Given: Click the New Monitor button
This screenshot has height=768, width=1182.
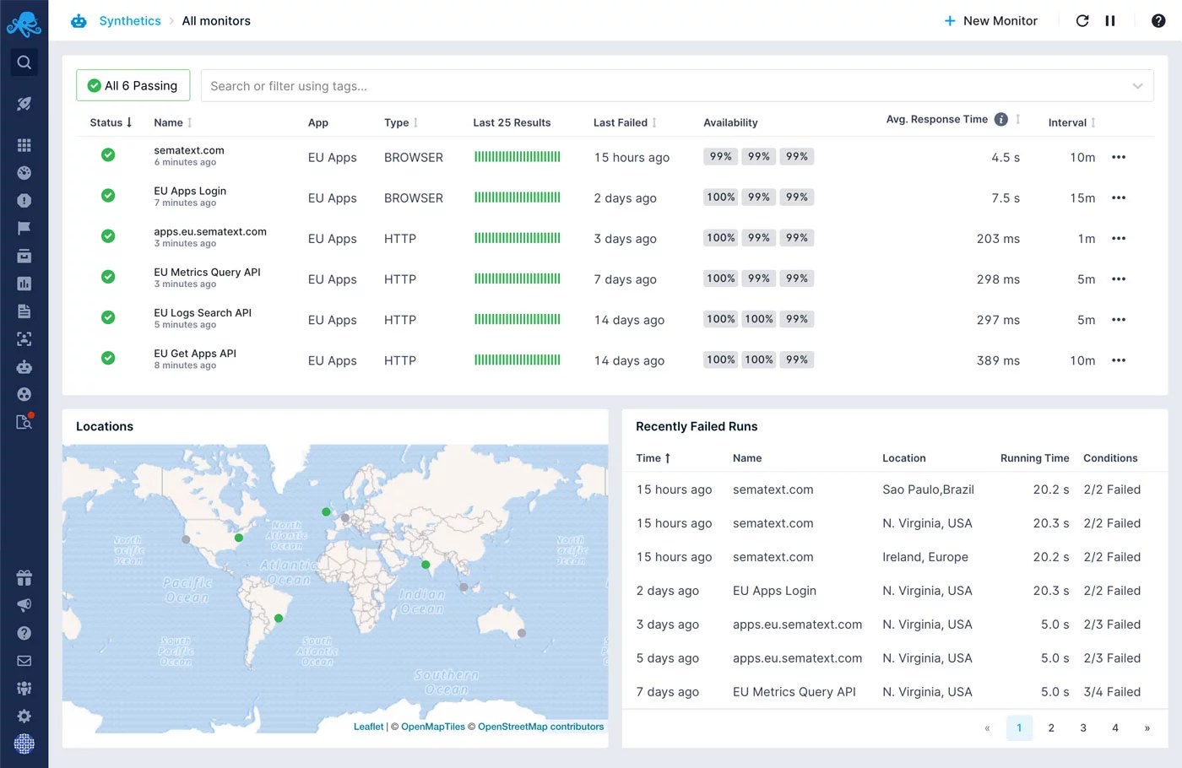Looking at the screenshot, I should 990,21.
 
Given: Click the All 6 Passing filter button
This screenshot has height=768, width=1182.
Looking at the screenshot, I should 133,85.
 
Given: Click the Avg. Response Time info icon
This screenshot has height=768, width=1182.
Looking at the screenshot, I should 1000,120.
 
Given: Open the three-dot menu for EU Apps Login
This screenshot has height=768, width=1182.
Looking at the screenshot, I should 1119,198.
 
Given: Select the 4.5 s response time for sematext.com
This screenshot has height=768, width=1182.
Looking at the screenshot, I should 1005,158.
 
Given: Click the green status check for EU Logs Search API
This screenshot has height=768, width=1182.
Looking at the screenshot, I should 108,317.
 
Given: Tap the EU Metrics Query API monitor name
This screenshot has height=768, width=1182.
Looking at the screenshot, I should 207,272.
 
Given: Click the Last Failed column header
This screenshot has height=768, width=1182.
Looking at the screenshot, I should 621,122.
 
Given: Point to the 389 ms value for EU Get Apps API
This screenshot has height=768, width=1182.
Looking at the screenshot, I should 998,360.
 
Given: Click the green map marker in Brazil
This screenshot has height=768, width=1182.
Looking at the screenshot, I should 279,619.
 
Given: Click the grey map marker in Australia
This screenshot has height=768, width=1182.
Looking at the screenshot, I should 522,633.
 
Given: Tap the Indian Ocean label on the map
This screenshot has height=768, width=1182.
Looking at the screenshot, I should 421,601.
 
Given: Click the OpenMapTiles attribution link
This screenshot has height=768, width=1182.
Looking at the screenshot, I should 432,727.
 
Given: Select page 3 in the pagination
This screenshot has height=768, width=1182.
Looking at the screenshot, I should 1083,727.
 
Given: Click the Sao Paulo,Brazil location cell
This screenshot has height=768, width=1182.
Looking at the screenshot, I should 928,489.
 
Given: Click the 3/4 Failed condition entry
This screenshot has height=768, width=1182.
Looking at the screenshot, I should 1111,692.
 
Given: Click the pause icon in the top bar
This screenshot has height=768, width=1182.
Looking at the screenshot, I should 1110,21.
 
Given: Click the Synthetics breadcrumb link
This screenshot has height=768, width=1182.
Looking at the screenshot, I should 129,21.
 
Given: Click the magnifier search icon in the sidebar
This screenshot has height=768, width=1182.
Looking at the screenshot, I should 24,62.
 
